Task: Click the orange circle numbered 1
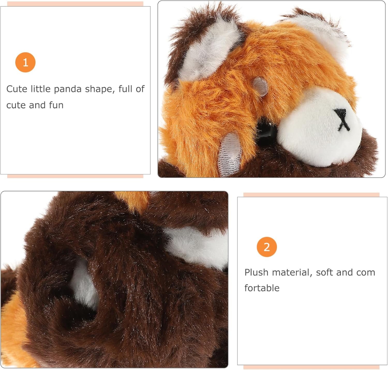(x=25, y=62)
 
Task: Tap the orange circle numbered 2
(x=267, y=247)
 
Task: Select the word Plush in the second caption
(x=256, y=272)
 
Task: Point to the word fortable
(x=262, y=288)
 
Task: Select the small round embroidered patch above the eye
(x=260, y=86)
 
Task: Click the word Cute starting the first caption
(x=17, y=89)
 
